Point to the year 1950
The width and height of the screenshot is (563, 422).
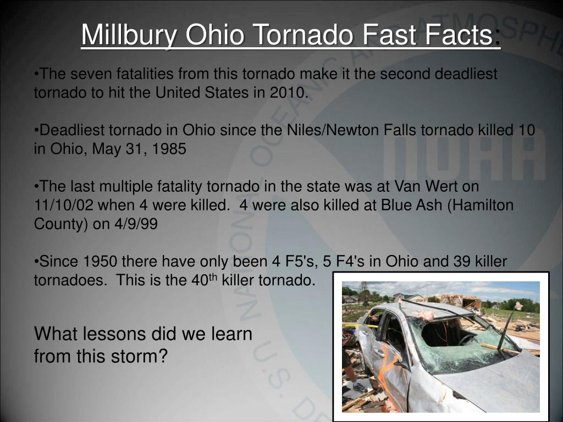coord(101,262)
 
